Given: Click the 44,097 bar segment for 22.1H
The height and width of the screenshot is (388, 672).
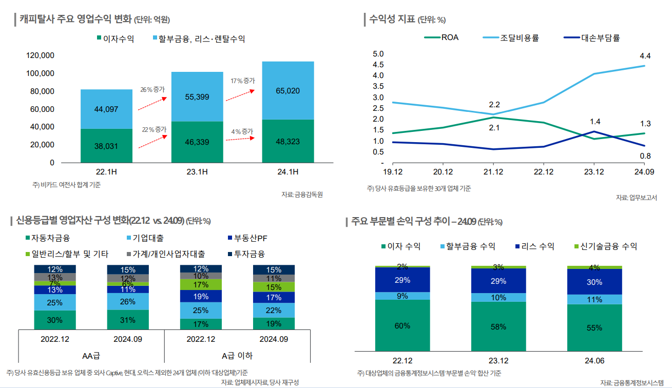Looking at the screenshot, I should [x=106, y=109].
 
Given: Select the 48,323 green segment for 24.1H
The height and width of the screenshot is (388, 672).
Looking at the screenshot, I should [x=288, y=141].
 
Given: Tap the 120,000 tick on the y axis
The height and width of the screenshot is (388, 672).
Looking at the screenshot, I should [x=40, y=55].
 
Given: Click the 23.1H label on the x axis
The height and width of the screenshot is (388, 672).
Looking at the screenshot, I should [x=197, y=171].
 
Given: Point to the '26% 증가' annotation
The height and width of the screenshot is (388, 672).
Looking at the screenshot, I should [x=152, y=90].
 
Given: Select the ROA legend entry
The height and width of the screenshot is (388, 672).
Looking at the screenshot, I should [x=441, y=37].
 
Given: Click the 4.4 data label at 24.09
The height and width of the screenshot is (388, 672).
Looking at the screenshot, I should [x=645, y=55].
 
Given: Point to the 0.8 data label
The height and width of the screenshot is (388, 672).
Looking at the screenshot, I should [x=645, y=156].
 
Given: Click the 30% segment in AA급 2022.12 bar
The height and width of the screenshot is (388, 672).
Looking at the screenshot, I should [x=55, y=320].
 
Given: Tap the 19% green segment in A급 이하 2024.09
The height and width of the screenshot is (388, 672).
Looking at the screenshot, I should [x=274, y=324].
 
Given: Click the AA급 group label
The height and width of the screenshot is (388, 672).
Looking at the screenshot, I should [x=91, y=356].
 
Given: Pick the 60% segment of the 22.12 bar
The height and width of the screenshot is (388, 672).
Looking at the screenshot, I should [x=402, y=325].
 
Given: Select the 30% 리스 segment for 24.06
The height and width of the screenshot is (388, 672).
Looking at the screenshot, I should [x=594, y=282].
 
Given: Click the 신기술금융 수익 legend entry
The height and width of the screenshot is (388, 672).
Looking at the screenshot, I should [x=609, y=246].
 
